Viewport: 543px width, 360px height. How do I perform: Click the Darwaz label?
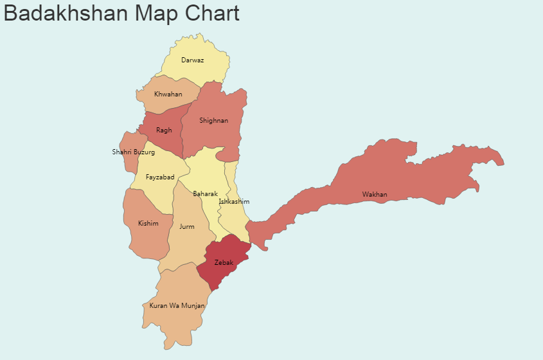click(192, 60)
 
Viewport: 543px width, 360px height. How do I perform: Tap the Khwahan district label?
click(168, 94)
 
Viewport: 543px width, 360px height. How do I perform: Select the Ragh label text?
click(164, 130)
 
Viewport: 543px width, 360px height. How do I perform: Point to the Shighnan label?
click(213, 121)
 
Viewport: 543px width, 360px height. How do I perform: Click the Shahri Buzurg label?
click(133, 152)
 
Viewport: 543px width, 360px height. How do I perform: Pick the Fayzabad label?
click(160, 177)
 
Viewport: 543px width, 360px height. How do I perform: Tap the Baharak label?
click(205, 194)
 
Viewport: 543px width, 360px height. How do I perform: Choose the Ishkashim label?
click(234, 202)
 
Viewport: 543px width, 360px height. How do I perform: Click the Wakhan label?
click(375, 195)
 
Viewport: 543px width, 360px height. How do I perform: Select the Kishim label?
click(148, 224)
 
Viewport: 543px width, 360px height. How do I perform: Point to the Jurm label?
click(186, 227)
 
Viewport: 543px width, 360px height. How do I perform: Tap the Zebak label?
click(224, 262)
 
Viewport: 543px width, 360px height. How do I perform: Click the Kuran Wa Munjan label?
click(177, 306)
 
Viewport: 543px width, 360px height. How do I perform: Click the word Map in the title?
click(151, 13)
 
